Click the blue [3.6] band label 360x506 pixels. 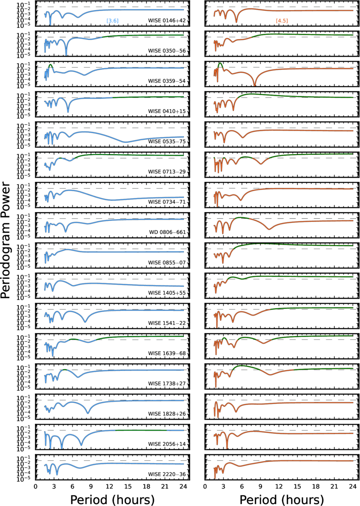coord(112,21)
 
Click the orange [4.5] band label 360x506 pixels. coord(282,21)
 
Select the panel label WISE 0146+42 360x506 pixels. coord(167,21)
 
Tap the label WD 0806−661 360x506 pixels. coord(168,232)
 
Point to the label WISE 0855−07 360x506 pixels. coord(167,263)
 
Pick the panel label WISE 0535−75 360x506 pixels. coord(167,142)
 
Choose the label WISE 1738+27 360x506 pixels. coord(167,383)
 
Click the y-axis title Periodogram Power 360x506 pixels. coord(5,240)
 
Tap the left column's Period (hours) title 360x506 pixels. coord(112,500)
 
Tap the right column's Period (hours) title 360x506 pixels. coord(282,500)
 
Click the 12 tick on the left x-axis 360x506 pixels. coord(109,486)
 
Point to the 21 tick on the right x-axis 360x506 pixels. coord(334,486)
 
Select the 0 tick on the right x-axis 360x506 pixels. coord(205,486)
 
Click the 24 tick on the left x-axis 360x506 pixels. coord(183,486)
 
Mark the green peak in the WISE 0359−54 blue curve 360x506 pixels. coord(50,65)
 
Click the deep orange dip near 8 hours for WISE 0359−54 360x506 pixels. coord(255,85)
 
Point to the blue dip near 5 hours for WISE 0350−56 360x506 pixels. coord(66,54)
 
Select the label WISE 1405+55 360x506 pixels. coord(167,293)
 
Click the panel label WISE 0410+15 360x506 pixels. coord(167,111)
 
